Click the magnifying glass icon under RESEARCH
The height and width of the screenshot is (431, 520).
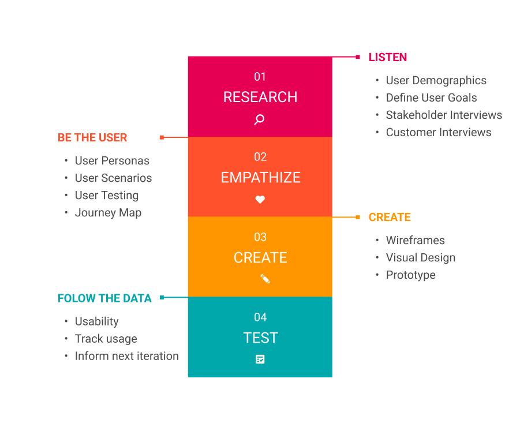pyautogui.click(x=259, y=119)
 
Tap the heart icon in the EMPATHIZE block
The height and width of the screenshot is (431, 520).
pyautogui.click(x=260, y=200)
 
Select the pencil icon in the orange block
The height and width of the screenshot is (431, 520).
pyautogui.click(x=265, y=279)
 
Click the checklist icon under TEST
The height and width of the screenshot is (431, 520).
pyautogui.click(x=260, y=359)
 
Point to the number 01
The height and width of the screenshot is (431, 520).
pyautogui.click(x=260, y=77)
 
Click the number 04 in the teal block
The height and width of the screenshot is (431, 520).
pyautogui.click(x=260, y=317)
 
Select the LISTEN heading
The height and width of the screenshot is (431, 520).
pyautogui.click(x=388, y=57)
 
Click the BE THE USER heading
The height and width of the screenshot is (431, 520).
pyautogui.click(x=92, y=137)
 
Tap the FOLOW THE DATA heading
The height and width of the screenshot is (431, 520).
pyautogui.click(x=104, y=298)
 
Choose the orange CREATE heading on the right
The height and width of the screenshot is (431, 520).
pyautogui.click(x=390, y=218)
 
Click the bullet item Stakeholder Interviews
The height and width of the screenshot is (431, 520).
pyautogui.click(x=444, y=115)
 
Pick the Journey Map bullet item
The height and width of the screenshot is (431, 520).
pyautogui.click(x=108, y=213)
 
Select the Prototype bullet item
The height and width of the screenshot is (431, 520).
pyautogui.click(x=410, y=275)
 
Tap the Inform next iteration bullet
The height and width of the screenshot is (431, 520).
pyautogui.click(x=127, y=356)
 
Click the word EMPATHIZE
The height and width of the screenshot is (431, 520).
pyautogui.click(x=261, y=178)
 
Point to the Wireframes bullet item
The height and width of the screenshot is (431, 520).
pyautogui.click(x=415, y=241)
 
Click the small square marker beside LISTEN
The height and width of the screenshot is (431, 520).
pyautogui.click(x=358, y=57)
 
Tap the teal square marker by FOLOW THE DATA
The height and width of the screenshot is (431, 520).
pyautogui.click(x=162, y=297)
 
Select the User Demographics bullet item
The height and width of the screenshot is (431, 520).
pyautogui.click(x=436, y=81)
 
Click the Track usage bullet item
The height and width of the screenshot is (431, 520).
pyautogui.click(x=106, y=339)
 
